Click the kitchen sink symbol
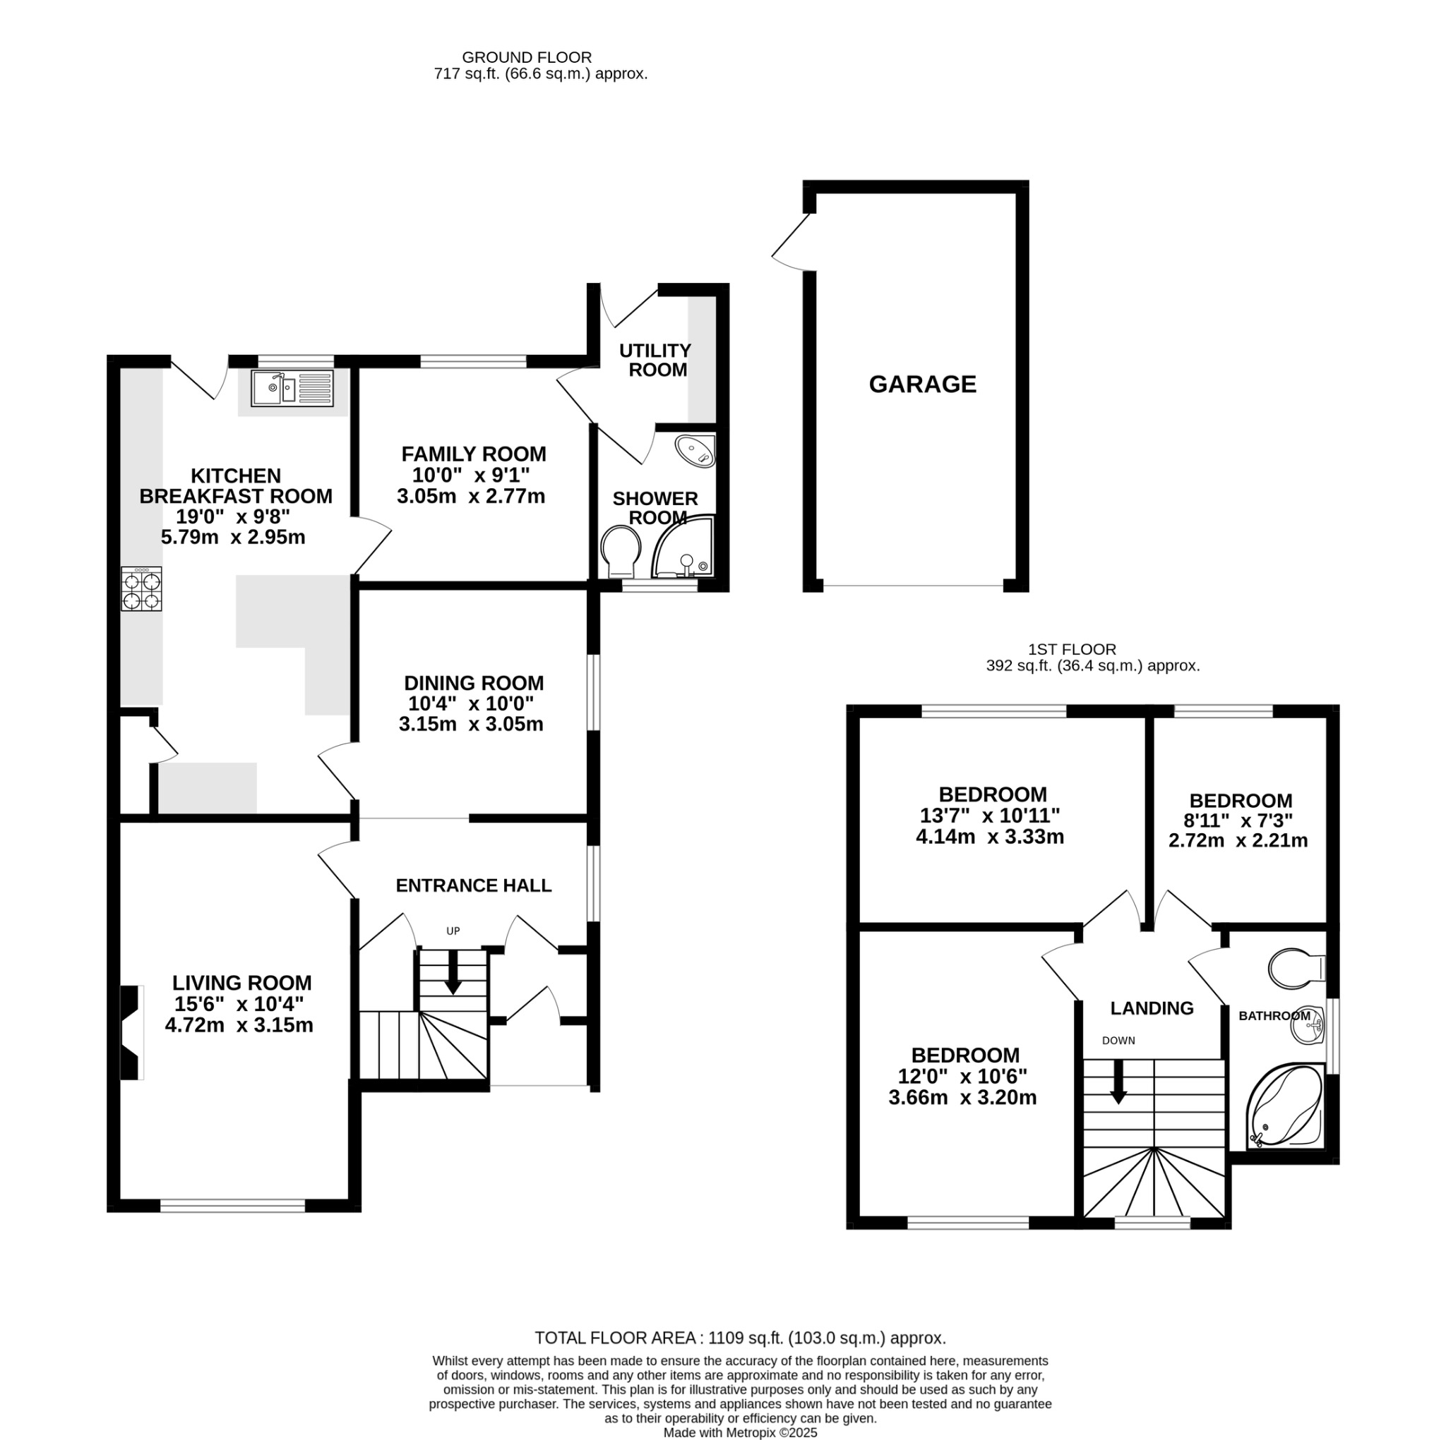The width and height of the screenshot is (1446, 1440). click(x=292, y=388)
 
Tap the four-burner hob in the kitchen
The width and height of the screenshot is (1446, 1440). click(x=141, y=589)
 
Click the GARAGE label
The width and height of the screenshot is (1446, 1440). click(x=922, y=385)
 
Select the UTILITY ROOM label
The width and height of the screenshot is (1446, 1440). click(x=657, y=360)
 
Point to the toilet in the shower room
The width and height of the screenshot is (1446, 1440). click(x=621, y=550)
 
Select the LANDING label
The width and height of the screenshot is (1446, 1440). click(x=1151, y=1008)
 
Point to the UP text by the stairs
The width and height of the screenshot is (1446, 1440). click(x=453, y=931)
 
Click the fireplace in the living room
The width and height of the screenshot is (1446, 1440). click(x=132, y=1032)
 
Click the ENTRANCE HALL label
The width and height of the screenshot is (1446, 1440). click(x=473, y=885)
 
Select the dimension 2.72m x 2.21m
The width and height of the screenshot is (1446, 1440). click(x=1238, y=841)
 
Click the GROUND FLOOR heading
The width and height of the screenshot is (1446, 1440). click(x=526, y=58)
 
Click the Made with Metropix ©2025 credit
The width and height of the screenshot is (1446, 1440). click(x=739, y=1432)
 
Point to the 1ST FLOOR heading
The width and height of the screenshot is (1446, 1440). click(x=1072, y=649)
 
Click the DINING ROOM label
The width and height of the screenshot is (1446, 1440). click(x=473, y=683)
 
